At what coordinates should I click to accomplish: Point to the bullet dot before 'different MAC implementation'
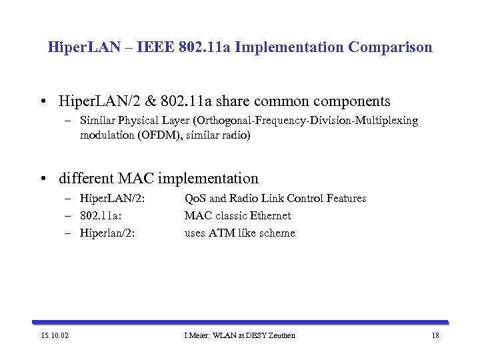coord(43,179)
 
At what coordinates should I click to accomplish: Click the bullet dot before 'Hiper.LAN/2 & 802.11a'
coord(43,101)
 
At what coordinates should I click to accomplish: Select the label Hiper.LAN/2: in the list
coord(113,198)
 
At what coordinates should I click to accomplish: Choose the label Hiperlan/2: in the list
coord(110,233)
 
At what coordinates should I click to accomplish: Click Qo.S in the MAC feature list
coord(195,198)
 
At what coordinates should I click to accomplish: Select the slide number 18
coord(435,335)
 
